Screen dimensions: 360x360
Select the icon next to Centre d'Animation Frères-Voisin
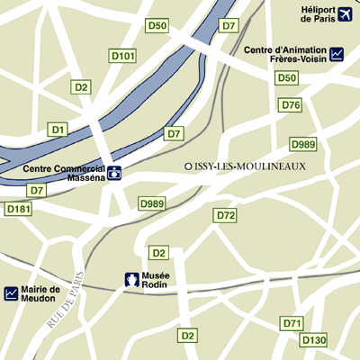pyautogui.click(x=337, y=54)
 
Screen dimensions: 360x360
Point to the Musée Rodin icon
pyautogui.click(x=130, y=280)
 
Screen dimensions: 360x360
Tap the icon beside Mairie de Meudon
pyautogui.click(x=11, y=292)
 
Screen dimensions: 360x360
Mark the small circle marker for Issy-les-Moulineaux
pyautogui.click(x=188, y=166)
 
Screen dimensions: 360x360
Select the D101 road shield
pyautogui.click(x=122, y=56)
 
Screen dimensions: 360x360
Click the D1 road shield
pyautogui.click(x=58, y=130)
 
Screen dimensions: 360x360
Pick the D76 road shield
pyautogui.click(x=291, y=105)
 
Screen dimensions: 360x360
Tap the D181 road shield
pyautogui.click(x=18, y=209)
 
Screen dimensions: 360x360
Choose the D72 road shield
pyautogui.click(x=225, y=215)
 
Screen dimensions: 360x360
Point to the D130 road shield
pyautogui.click(x=313, y=340)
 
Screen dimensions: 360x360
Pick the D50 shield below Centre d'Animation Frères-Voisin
pyautogui.click(x=286, y=78)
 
